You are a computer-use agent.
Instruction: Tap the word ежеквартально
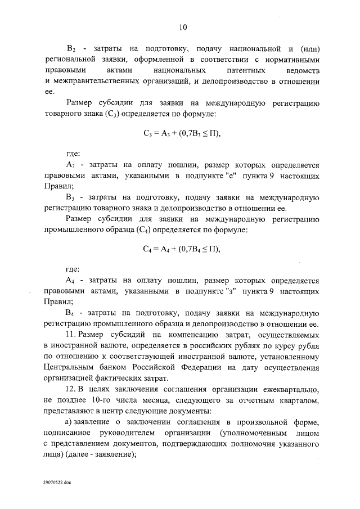[x=290, y=391]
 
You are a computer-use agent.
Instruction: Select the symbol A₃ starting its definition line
[x=71, y=166]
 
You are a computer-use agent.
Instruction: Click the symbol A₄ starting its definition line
[x=71, y=281]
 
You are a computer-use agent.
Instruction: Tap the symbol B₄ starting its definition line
[x=71, y=313]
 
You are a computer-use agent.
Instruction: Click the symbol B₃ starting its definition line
[x=71, y=197]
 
